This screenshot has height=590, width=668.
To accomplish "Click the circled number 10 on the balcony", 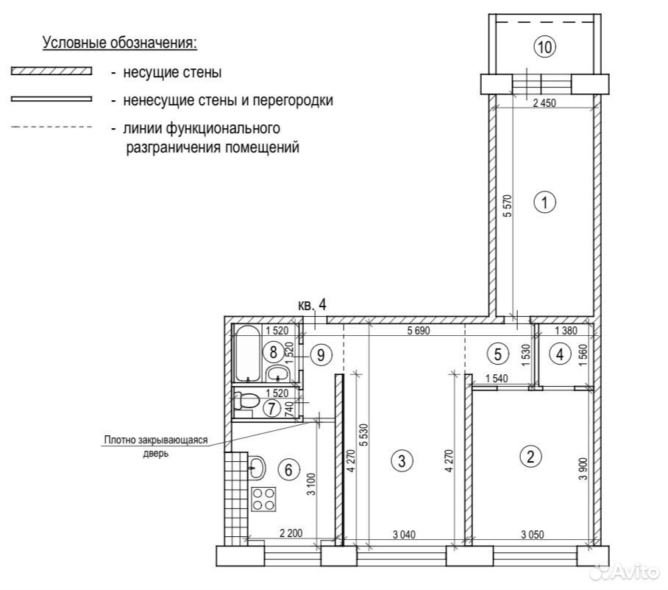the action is [545, 46].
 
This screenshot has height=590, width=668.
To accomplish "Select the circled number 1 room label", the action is [545, 202].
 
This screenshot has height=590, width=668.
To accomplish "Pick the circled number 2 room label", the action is [531, 457].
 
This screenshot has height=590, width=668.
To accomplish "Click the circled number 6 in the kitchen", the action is [288, 470].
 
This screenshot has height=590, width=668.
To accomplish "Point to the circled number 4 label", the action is [560, 354].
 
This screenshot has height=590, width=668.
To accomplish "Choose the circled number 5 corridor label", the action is [497, 354].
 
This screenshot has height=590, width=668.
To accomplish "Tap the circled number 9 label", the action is [321, 354].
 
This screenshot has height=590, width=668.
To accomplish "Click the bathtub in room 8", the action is [246, 354].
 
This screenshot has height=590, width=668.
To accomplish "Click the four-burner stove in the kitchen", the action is [263, 499].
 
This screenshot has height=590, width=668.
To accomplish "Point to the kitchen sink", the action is [257, 467].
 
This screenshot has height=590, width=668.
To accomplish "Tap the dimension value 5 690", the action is [419, 331].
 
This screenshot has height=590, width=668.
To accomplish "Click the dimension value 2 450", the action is [544, 103].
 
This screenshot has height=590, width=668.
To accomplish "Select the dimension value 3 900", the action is [583, 469].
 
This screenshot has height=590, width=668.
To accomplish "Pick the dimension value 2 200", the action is [291, 533].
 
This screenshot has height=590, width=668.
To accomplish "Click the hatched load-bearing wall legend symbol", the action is [51, 71].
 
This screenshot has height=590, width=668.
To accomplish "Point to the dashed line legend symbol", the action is [51, 127].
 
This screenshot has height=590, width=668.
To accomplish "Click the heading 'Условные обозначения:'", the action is [120, 43].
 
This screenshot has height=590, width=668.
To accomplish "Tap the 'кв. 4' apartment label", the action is [312, 305].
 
